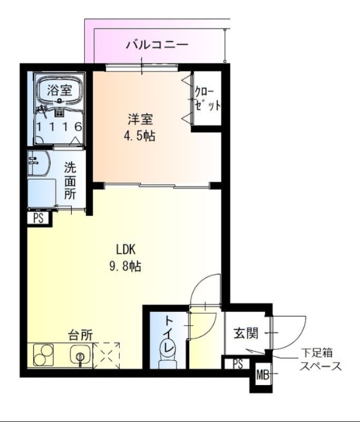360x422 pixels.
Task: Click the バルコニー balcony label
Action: [x=157, y=45]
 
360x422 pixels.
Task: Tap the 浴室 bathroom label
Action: [x=59, y=90]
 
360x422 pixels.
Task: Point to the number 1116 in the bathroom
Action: [x=59, y=127]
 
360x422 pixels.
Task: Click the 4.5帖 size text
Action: [x=139, y=136]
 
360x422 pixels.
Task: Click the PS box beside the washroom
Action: [x=38, y=217]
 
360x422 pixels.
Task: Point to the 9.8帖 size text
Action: [x=124, y=266]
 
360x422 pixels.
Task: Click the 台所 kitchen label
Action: [x=80, y=334]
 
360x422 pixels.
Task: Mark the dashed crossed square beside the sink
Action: [x=106, y=356]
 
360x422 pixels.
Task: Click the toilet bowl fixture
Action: [x=168, y=351]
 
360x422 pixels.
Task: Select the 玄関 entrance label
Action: [x=246, y=333]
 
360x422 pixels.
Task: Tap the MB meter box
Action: [x=262, y=376]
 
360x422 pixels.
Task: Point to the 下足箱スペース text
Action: [x=320, y=360]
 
